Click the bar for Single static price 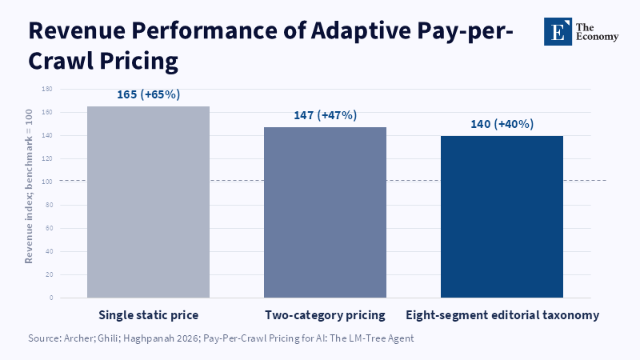148,202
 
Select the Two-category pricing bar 325,212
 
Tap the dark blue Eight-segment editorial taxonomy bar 502,217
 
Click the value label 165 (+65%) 149,94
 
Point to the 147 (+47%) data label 326,115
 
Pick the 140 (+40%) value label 502,124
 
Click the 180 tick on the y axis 47,89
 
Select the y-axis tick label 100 47,182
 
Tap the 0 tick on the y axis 51,298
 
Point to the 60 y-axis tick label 49,228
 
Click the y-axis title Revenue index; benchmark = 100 29,186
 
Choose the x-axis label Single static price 148,315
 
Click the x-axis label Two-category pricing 325,315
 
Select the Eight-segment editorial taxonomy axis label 502,315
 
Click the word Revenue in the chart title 77,30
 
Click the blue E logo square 558,31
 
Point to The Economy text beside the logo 597,32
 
